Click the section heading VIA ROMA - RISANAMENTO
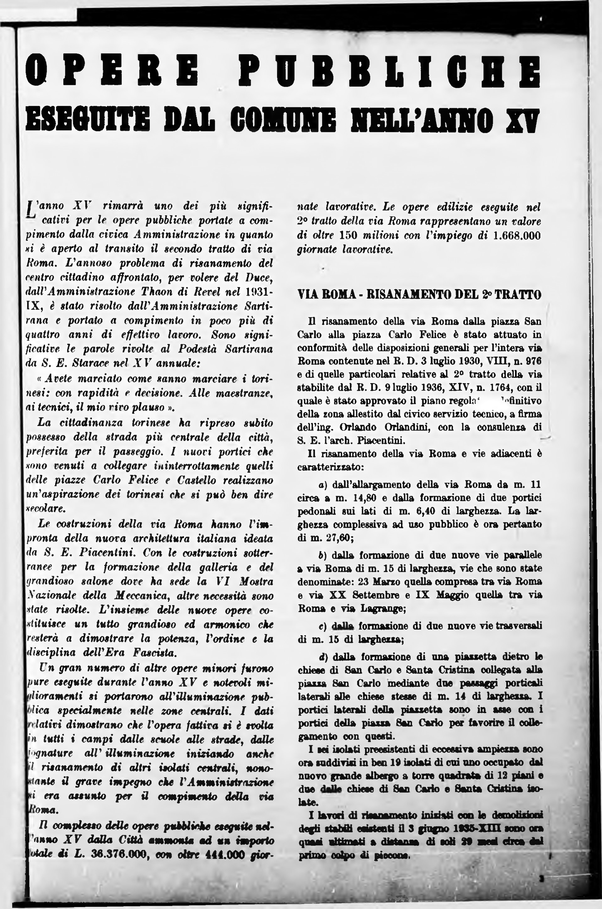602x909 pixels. pyautogui.click(x=419, y=295)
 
